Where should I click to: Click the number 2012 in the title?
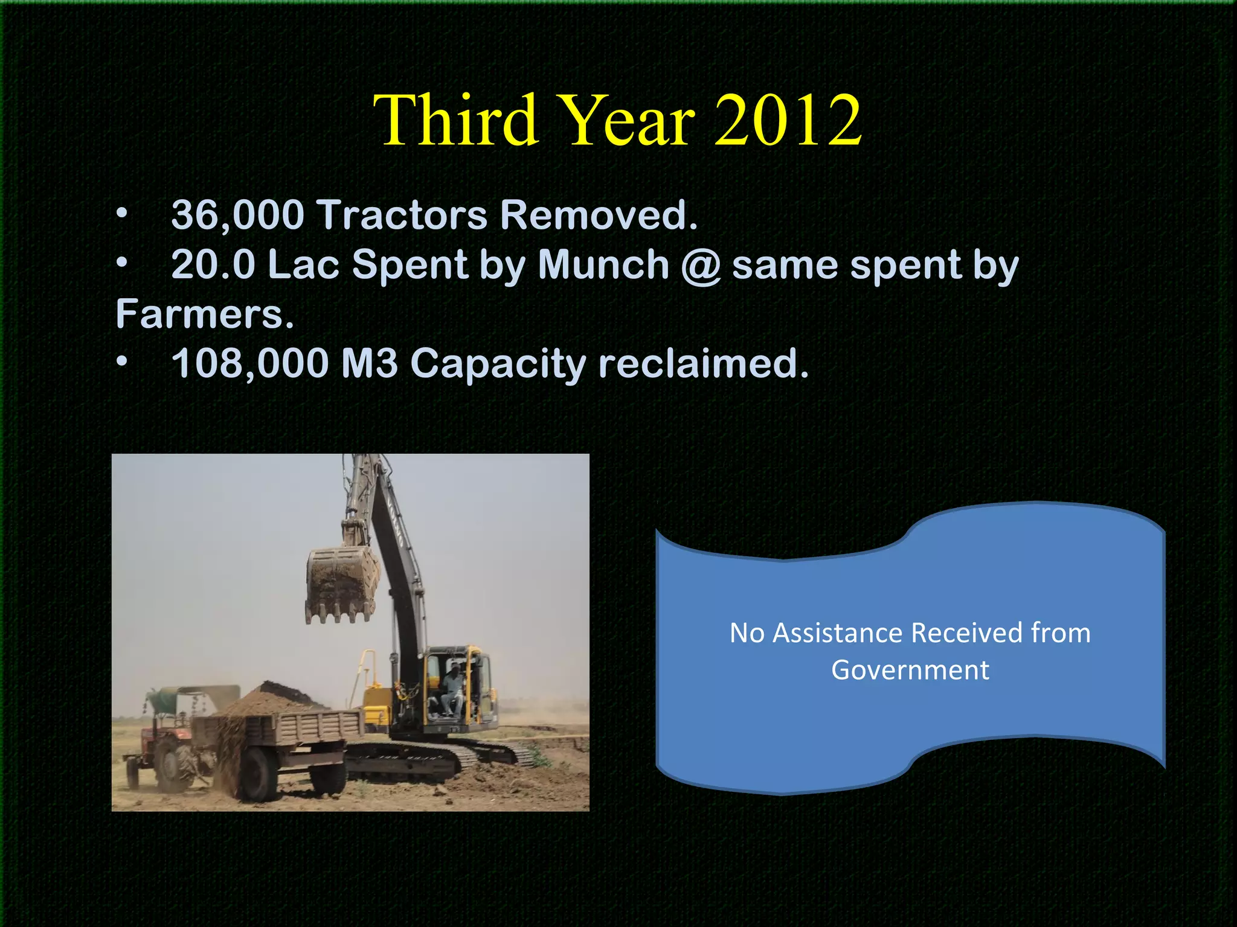coord(788,120)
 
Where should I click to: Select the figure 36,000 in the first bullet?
coord(237,215)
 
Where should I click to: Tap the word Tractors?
coord(402,215)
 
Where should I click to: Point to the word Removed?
coord(599,215)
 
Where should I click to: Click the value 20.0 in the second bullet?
coord(213,265)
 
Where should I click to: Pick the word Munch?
coord(603,265)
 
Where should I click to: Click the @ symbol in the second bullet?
coord(701,266)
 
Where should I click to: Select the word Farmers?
coord(204,314)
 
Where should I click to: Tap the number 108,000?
coord(250,364)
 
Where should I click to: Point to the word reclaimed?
coord(703,364)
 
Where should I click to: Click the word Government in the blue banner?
coord(910,671)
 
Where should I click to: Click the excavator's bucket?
coord(341,582)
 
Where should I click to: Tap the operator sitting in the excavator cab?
coord(452,688)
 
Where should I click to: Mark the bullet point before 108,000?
coord(123,361)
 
